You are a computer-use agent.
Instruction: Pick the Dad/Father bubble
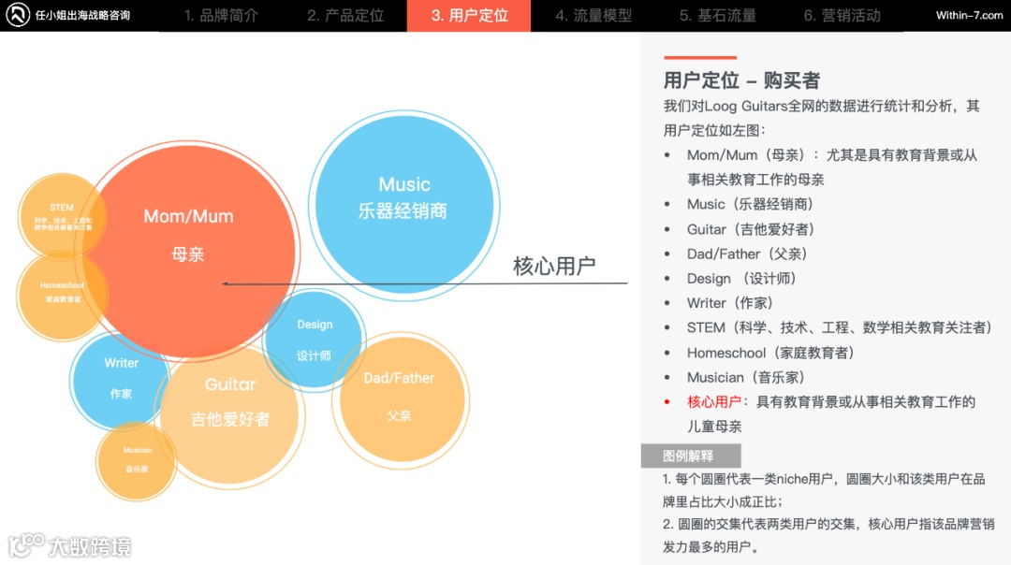point(400,397)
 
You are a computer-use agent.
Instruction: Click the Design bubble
point(315,340)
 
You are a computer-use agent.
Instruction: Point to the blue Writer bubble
point(120,378)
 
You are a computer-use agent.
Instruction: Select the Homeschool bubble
point(62,293)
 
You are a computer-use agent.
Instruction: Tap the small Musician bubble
point(137,459)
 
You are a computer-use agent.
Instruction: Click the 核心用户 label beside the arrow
point(554,266)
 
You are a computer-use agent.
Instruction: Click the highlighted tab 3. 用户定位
point(469,16)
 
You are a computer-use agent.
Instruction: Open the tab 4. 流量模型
point(593,16)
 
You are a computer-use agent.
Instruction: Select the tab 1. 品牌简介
point(221,16)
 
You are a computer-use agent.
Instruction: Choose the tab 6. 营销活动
point(842,16)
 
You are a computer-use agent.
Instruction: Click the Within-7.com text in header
point(969,16)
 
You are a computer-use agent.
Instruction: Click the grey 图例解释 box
point(690,456)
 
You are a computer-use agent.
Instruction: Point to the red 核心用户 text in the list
point(714,401)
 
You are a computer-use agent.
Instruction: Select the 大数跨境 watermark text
point(90,545)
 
